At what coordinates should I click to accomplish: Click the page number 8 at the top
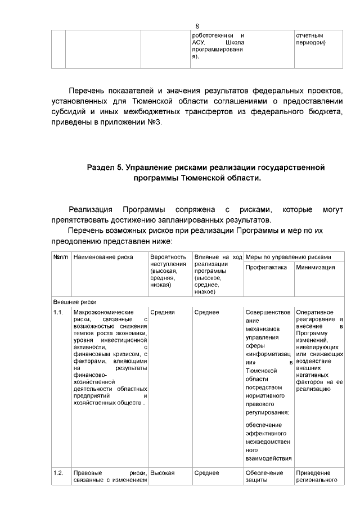click(197, 26)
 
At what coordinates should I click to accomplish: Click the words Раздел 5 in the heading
click(105, 168)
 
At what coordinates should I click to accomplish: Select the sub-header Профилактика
click(267, 267)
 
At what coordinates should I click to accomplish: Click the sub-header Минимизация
click(316, 267)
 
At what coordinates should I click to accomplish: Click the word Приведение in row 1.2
click(313, 473)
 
